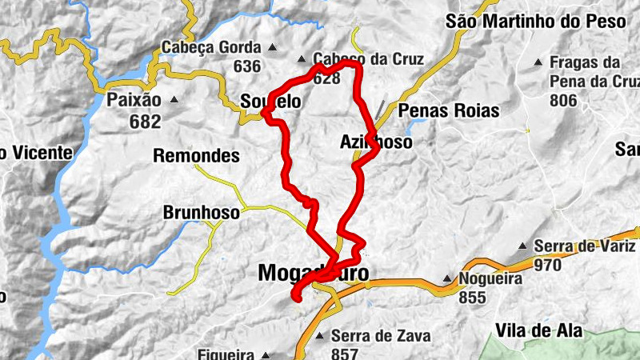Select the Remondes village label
(196, 155)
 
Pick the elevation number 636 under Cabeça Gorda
(248, 66)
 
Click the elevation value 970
(548, 264)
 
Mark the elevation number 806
(564, 100)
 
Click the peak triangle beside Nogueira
(448, 279)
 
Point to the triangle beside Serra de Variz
(522, 246)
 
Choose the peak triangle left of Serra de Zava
(319, 335)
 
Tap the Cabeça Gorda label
(211, 46)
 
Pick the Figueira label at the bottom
(228, 354)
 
